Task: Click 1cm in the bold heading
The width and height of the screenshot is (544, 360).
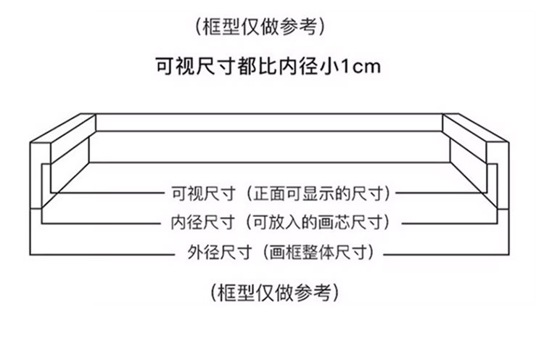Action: coord(361,67)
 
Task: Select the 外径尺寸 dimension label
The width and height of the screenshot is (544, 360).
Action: coord(211,252)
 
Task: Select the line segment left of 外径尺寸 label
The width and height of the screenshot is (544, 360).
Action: coord(102,252)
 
